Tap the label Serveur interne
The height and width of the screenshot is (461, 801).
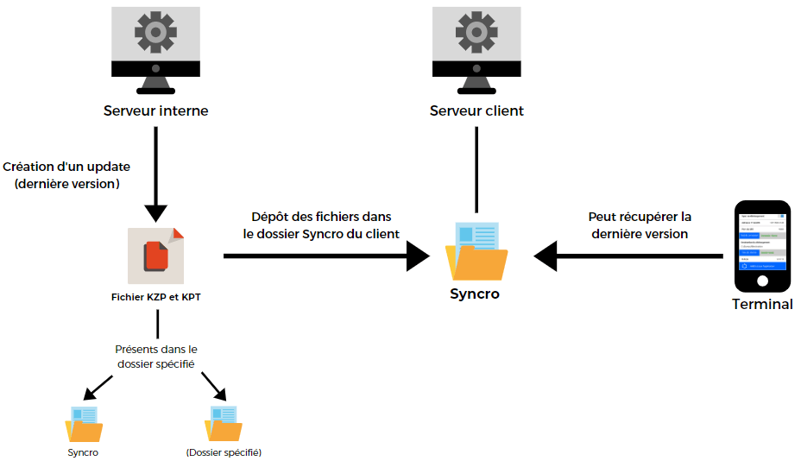click(156, 111)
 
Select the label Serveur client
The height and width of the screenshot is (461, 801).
click(477, 111)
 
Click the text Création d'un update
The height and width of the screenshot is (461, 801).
click(66, 166)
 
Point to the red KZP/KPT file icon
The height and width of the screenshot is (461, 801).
click(156, 256)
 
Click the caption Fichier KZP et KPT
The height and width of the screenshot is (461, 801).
click(157, 296)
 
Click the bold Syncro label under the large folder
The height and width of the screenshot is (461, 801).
click(475, 294)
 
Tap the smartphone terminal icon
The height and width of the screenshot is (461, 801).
click(762, 247)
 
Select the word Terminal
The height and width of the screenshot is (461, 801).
click(762, 304)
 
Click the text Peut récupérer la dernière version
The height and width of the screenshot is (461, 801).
click(640, 225)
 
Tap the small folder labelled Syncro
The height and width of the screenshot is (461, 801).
click(84, 424)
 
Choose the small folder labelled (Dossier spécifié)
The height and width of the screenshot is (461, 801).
click(224, 424)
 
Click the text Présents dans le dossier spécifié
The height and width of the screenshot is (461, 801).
click(156, 357)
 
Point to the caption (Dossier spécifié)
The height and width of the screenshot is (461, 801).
click(224, 452)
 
